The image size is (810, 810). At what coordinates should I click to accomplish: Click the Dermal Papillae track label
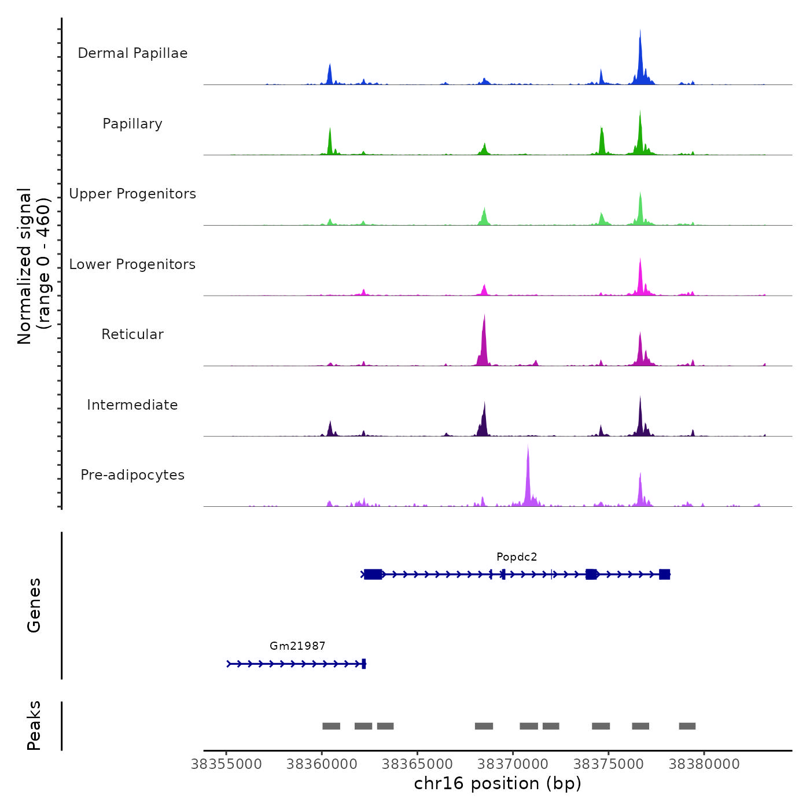point(132,53)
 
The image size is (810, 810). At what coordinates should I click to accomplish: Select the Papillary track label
point(132,124)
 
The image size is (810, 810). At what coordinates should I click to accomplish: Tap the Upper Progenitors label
point(132,194)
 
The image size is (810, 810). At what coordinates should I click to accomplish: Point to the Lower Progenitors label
point(132,264)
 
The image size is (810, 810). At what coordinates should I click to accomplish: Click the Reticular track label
point(132,334)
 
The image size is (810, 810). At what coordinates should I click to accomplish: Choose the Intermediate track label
point(132,405)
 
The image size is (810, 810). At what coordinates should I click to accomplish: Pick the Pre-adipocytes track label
point(132,475)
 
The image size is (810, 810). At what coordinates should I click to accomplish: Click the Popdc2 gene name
point(517,557)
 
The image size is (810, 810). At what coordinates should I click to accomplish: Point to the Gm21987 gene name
point(297,646)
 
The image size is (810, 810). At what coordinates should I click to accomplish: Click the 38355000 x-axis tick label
point(226,764)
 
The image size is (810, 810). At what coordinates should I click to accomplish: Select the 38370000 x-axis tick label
point(513,764)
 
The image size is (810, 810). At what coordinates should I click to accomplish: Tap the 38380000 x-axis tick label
point(704,764)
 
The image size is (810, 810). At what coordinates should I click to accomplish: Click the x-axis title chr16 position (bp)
point(498,783)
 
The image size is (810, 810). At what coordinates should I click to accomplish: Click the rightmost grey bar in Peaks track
point(687,726)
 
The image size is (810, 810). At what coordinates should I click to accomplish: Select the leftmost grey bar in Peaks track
point(332,726)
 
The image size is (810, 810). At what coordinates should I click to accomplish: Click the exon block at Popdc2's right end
point(664,574)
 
